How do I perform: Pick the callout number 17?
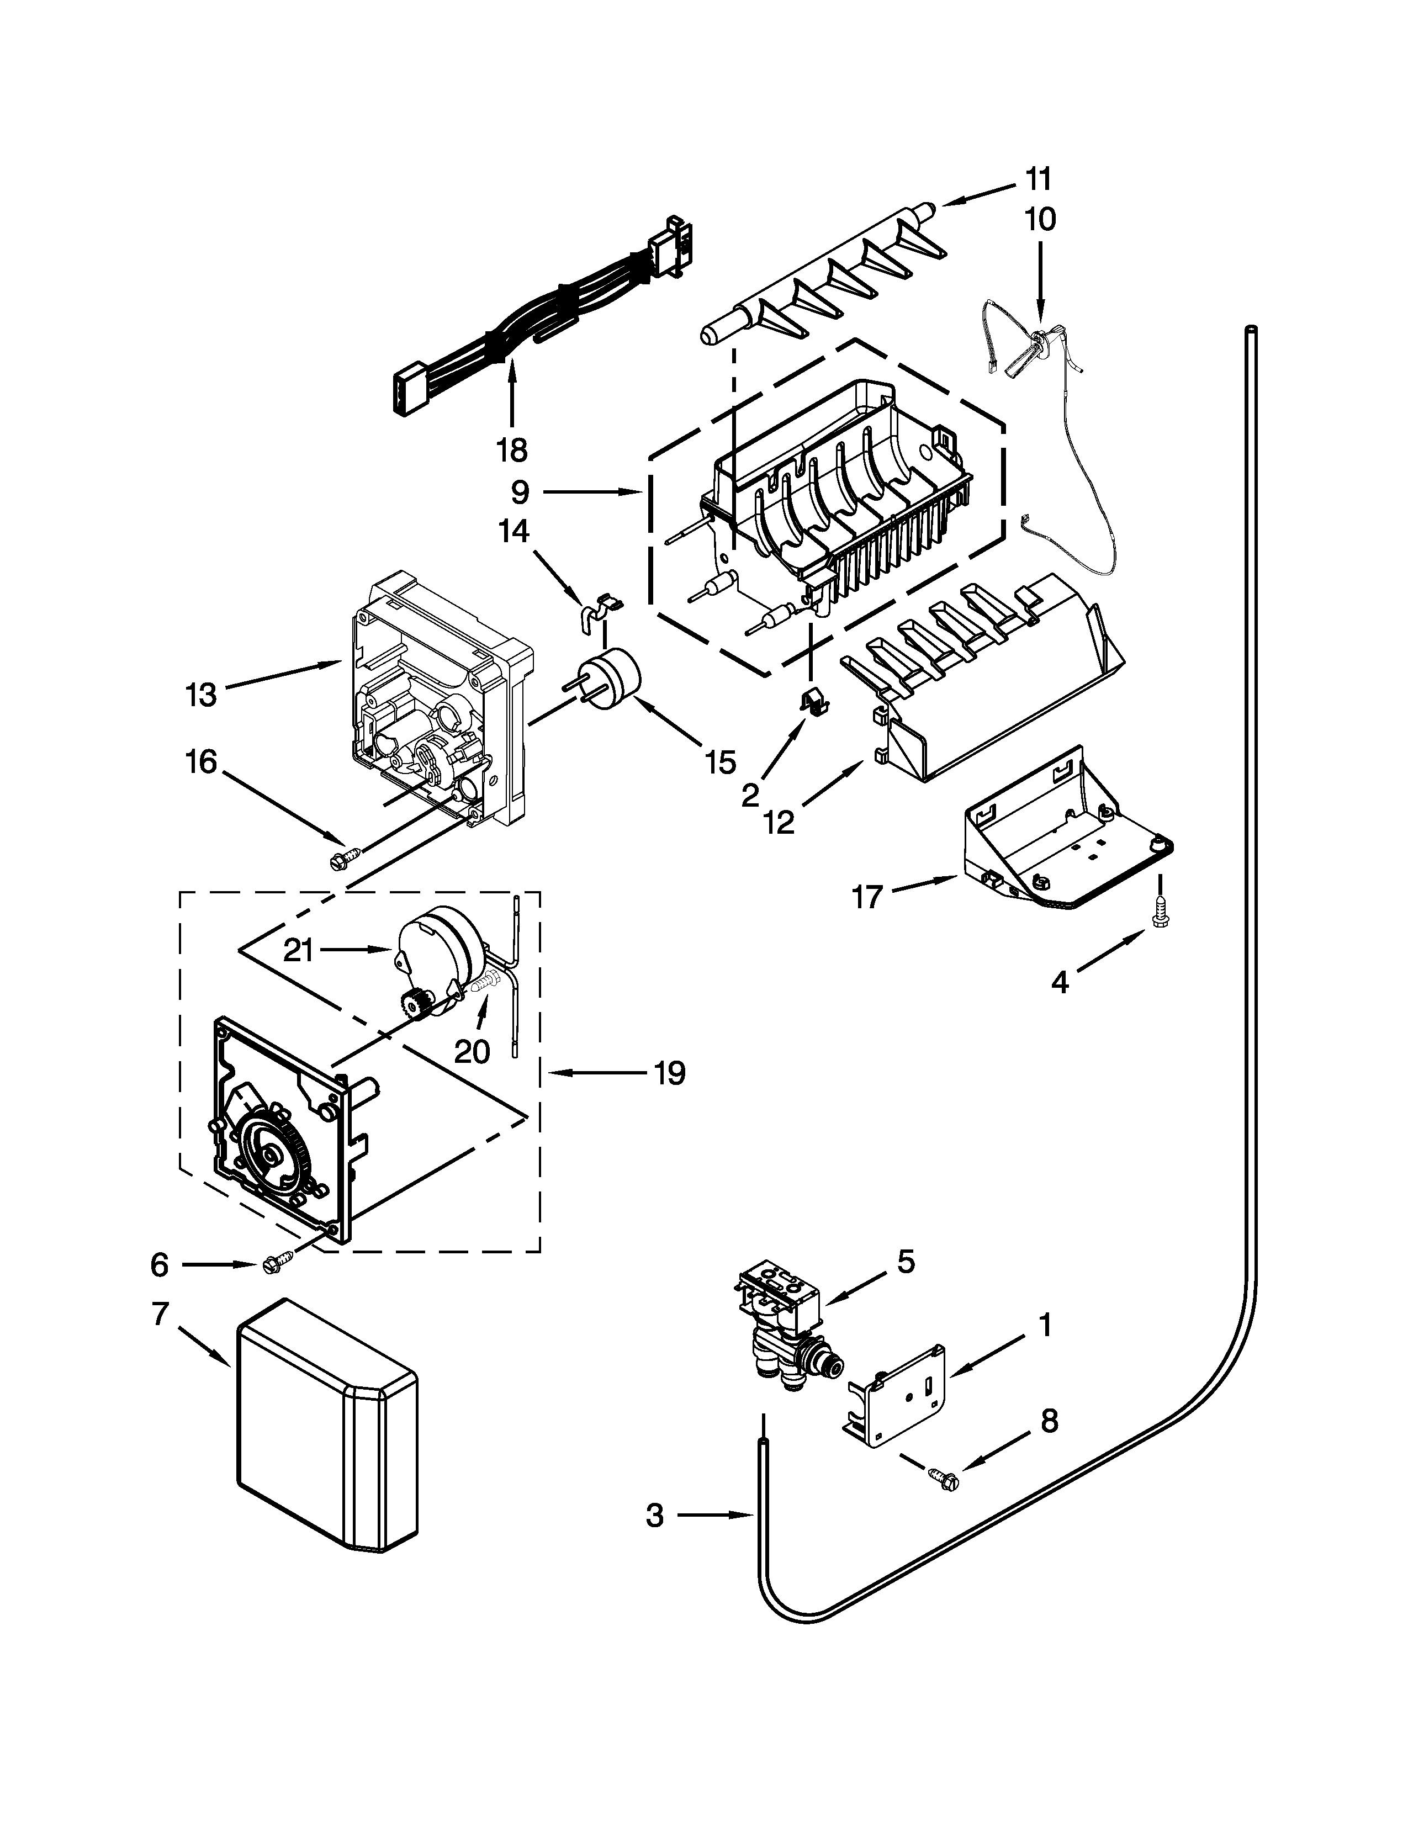click(867, 898)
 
